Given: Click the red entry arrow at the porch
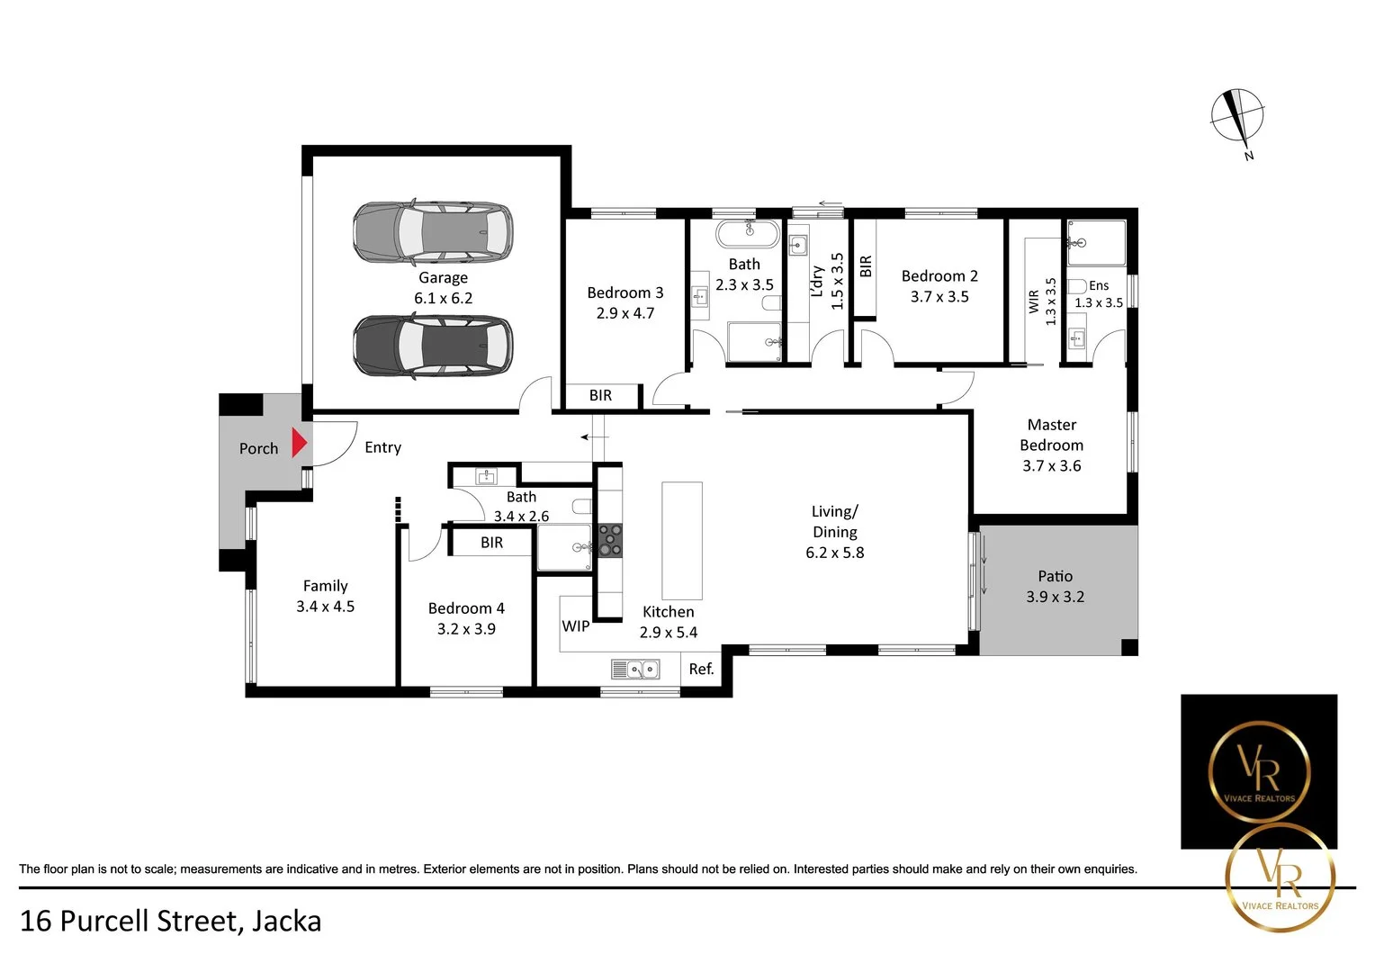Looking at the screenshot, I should point(300,444).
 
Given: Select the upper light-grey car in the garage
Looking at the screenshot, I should point(433,231).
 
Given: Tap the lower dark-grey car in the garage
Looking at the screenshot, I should point(433,345).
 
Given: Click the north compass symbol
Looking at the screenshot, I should point(1237,118).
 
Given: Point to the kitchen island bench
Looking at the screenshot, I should point(681,540).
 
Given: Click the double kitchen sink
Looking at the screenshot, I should point(635,669).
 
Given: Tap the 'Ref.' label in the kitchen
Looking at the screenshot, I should point(701,669).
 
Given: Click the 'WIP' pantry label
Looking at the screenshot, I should point(575,625).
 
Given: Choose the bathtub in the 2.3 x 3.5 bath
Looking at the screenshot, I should point(747,233).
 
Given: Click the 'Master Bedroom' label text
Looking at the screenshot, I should point(1051,435).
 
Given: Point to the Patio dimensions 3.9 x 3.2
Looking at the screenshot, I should point(1055,597).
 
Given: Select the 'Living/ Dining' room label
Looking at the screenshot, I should point(834,521).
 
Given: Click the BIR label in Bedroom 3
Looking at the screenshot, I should point(600,395).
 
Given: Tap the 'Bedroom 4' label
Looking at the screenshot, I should point(466,608).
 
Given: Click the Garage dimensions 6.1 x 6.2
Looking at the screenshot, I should point(443,298).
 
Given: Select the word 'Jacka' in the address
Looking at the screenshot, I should point(286,921).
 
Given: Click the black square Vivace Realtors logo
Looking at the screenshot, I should point(1258,770).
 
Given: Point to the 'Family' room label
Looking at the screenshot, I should point(325,586).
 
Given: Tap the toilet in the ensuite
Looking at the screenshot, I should point(1077,286).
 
